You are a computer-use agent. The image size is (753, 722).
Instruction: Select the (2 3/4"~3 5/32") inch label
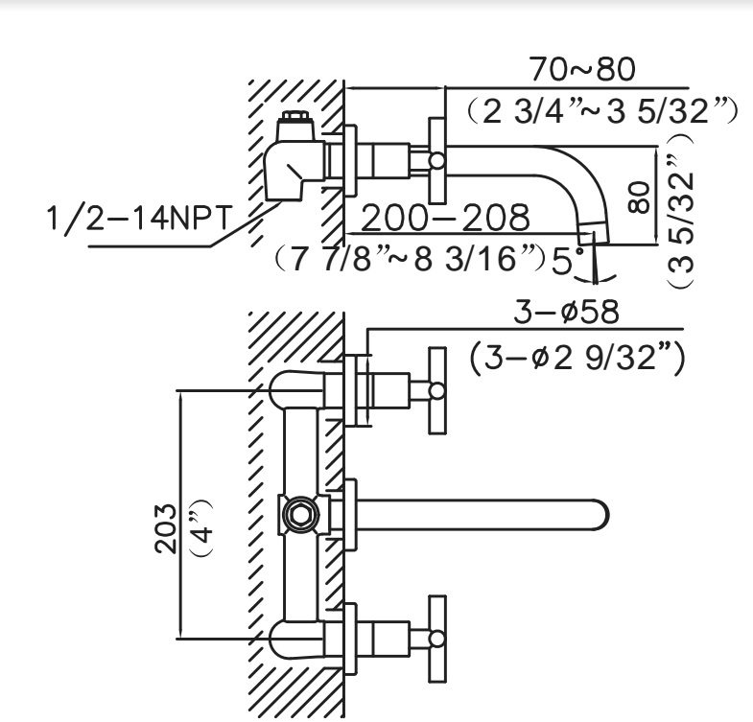[x=596, y=111]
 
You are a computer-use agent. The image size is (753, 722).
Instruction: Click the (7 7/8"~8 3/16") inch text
[x=409, y=259]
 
